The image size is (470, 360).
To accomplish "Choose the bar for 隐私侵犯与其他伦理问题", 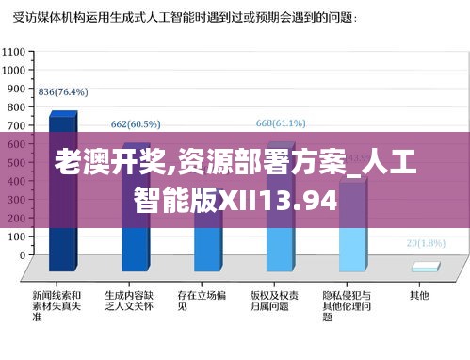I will click(352, 226).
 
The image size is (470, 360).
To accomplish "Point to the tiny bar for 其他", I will click(425, 268).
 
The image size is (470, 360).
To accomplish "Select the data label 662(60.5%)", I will click(136, 123).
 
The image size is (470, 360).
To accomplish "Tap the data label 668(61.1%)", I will click(281, 123).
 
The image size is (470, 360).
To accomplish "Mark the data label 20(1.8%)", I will click(425, 242).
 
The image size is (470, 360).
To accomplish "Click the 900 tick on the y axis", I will click(17, 88).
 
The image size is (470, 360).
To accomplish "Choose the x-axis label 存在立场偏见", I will click(202, 301).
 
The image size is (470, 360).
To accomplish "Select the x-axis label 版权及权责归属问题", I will click(274, 301).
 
